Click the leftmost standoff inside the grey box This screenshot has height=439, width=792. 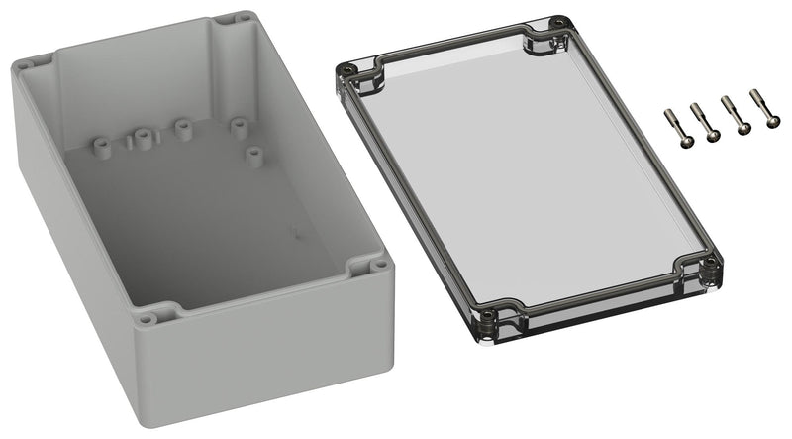[101, 146]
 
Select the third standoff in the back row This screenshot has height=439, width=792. [182, 128]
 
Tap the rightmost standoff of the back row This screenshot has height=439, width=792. [238, 126]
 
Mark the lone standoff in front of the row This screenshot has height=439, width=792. [254, 155]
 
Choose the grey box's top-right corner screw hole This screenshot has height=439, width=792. [243, 17]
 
